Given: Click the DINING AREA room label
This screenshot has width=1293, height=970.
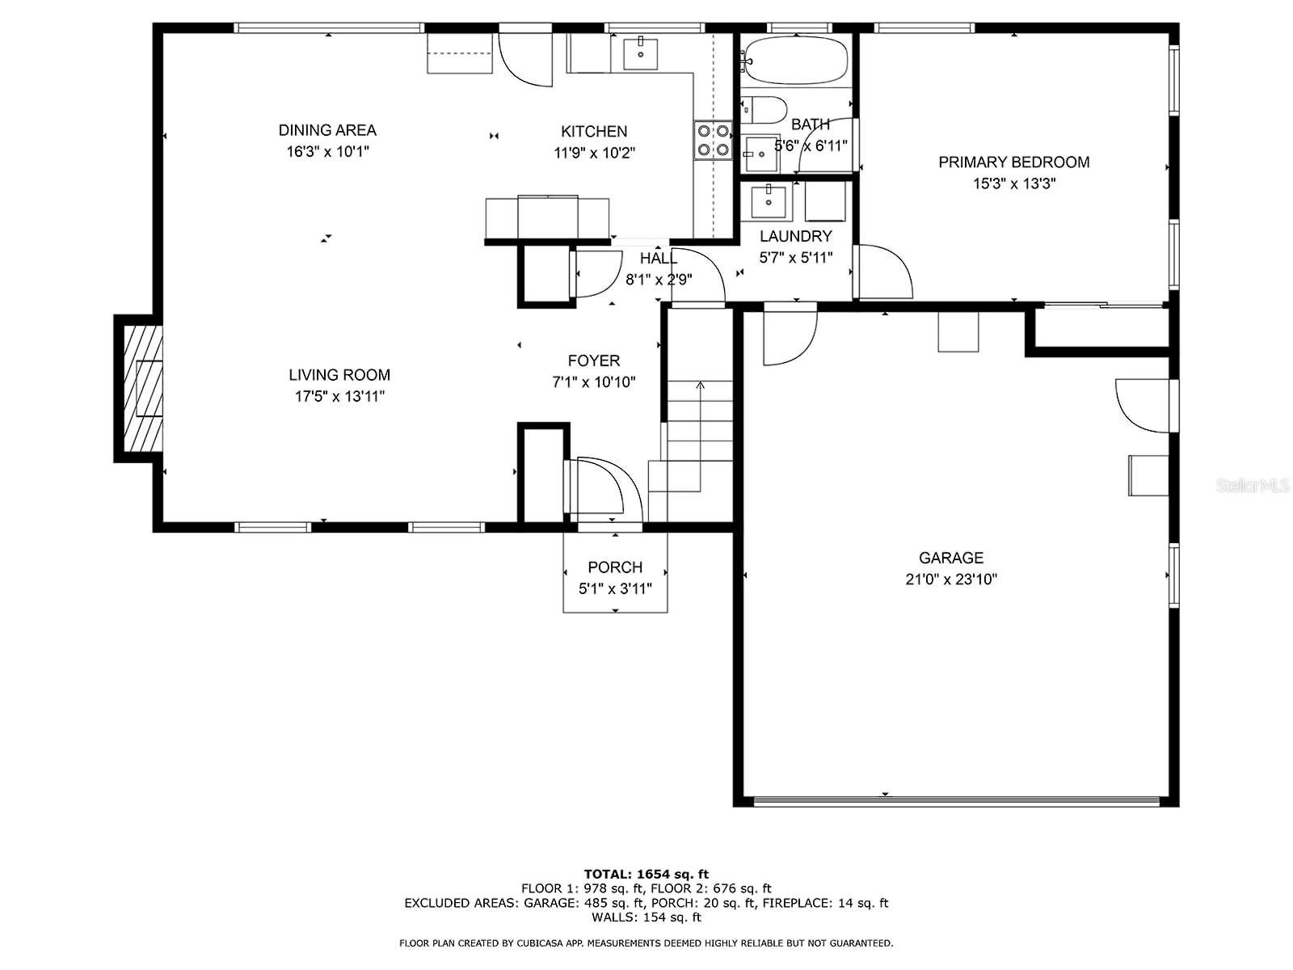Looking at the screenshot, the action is (x=327, y=130).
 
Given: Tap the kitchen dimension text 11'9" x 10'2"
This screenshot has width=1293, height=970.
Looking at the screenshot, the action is (x=594, y=153).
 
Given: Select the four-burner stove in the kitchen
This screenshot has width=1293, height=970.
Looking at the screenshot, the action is (x=713, y=141).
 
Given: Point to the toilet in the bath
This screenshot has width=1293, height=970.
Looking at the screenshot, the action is (x=764, y=110).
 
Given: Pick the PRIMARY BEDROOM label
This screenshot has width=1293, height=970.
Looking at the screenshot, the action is (x=1013, y=162).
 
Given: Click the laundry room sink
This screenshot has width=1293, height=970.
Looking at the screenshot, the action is (x=768, y=200).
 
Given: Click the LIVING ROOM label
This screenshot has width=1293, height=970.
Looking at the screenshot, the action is (x=339, y=375).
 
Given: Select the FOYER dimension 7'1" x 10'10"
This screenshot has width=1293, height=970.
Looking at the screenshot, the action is (x=593, y=383).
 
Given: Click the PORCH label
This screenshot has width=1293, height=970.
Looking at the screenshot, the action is (x=615, y=567).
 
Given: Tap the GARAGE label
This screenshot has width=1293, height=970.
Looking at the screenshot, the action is (x=950, y=558).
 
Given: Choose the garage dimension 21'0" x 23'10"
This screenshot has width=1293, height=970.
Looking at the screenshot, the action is (x=950, y=580).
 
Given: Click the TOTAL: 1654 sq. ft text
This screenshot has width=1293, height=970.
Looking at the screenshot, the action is (x=646, y=874).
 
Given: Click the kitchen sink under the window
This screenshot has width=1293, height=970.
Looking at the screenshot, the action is (x=640, y=53).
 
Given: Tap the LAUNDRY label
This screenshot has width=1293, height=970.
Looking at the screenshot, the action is (x=795, y=236).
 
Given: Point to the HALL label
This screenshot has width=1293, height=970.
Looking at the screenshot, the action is (x=658, y=258).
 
